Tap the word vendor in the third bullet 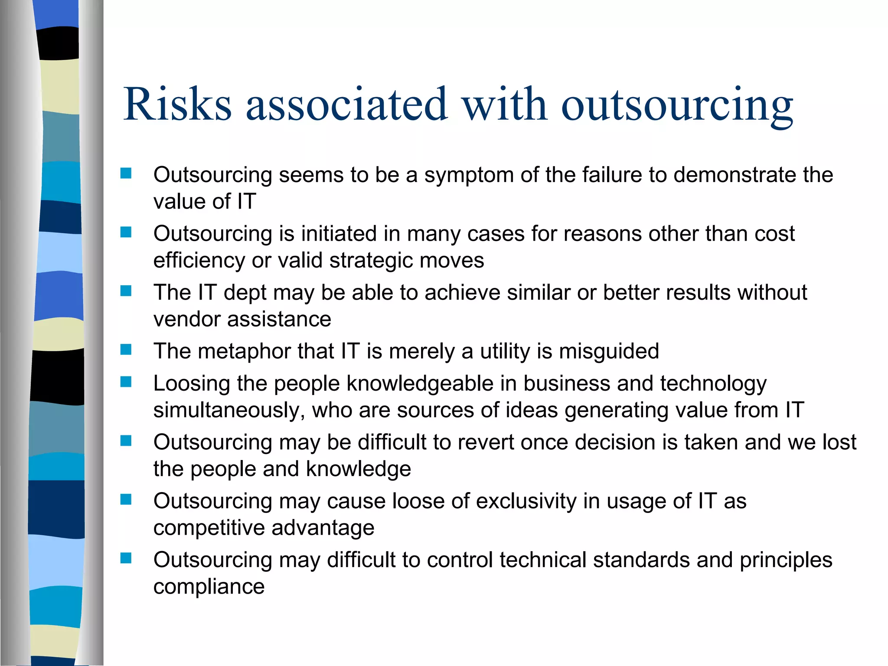click(x=187, y=320)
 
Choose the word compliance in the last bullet click(x=209, y=587)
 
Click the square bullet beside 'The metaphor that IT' click(x=126, y=349)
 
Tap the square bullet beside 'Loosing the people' click(x=126, y=382)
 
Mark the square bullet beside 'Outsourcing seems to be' click(x=126, y=173)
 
